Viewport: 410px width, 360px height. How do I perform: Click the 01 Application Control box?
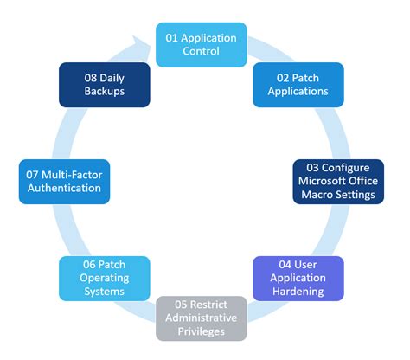pos(202,43)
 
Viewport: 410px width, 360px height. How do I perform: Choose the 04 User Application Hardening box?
pos(298,278)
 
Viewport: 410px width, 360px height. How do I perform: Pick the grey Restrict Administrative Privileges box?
pos(202,318)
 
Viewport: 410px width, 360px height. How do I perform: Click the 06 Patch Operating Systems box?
pos(105,278)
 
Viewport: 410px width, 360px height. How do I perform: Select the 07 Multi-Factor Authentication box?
pos(66,180)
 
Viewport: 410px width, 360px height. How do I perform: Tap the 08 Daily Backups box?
pos(104,83)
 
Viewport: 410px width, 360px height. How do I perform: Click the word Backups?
pos(104,91)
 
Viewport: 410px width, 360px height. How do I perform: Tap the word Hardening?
pos(298,292)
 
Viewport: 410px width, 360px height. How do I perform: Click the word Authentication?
pos(66,188)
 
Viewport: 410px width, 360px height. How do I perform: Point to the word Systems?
pos(105,292)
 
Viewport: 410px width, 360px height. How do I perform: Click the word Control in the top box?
pos(202,51)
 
